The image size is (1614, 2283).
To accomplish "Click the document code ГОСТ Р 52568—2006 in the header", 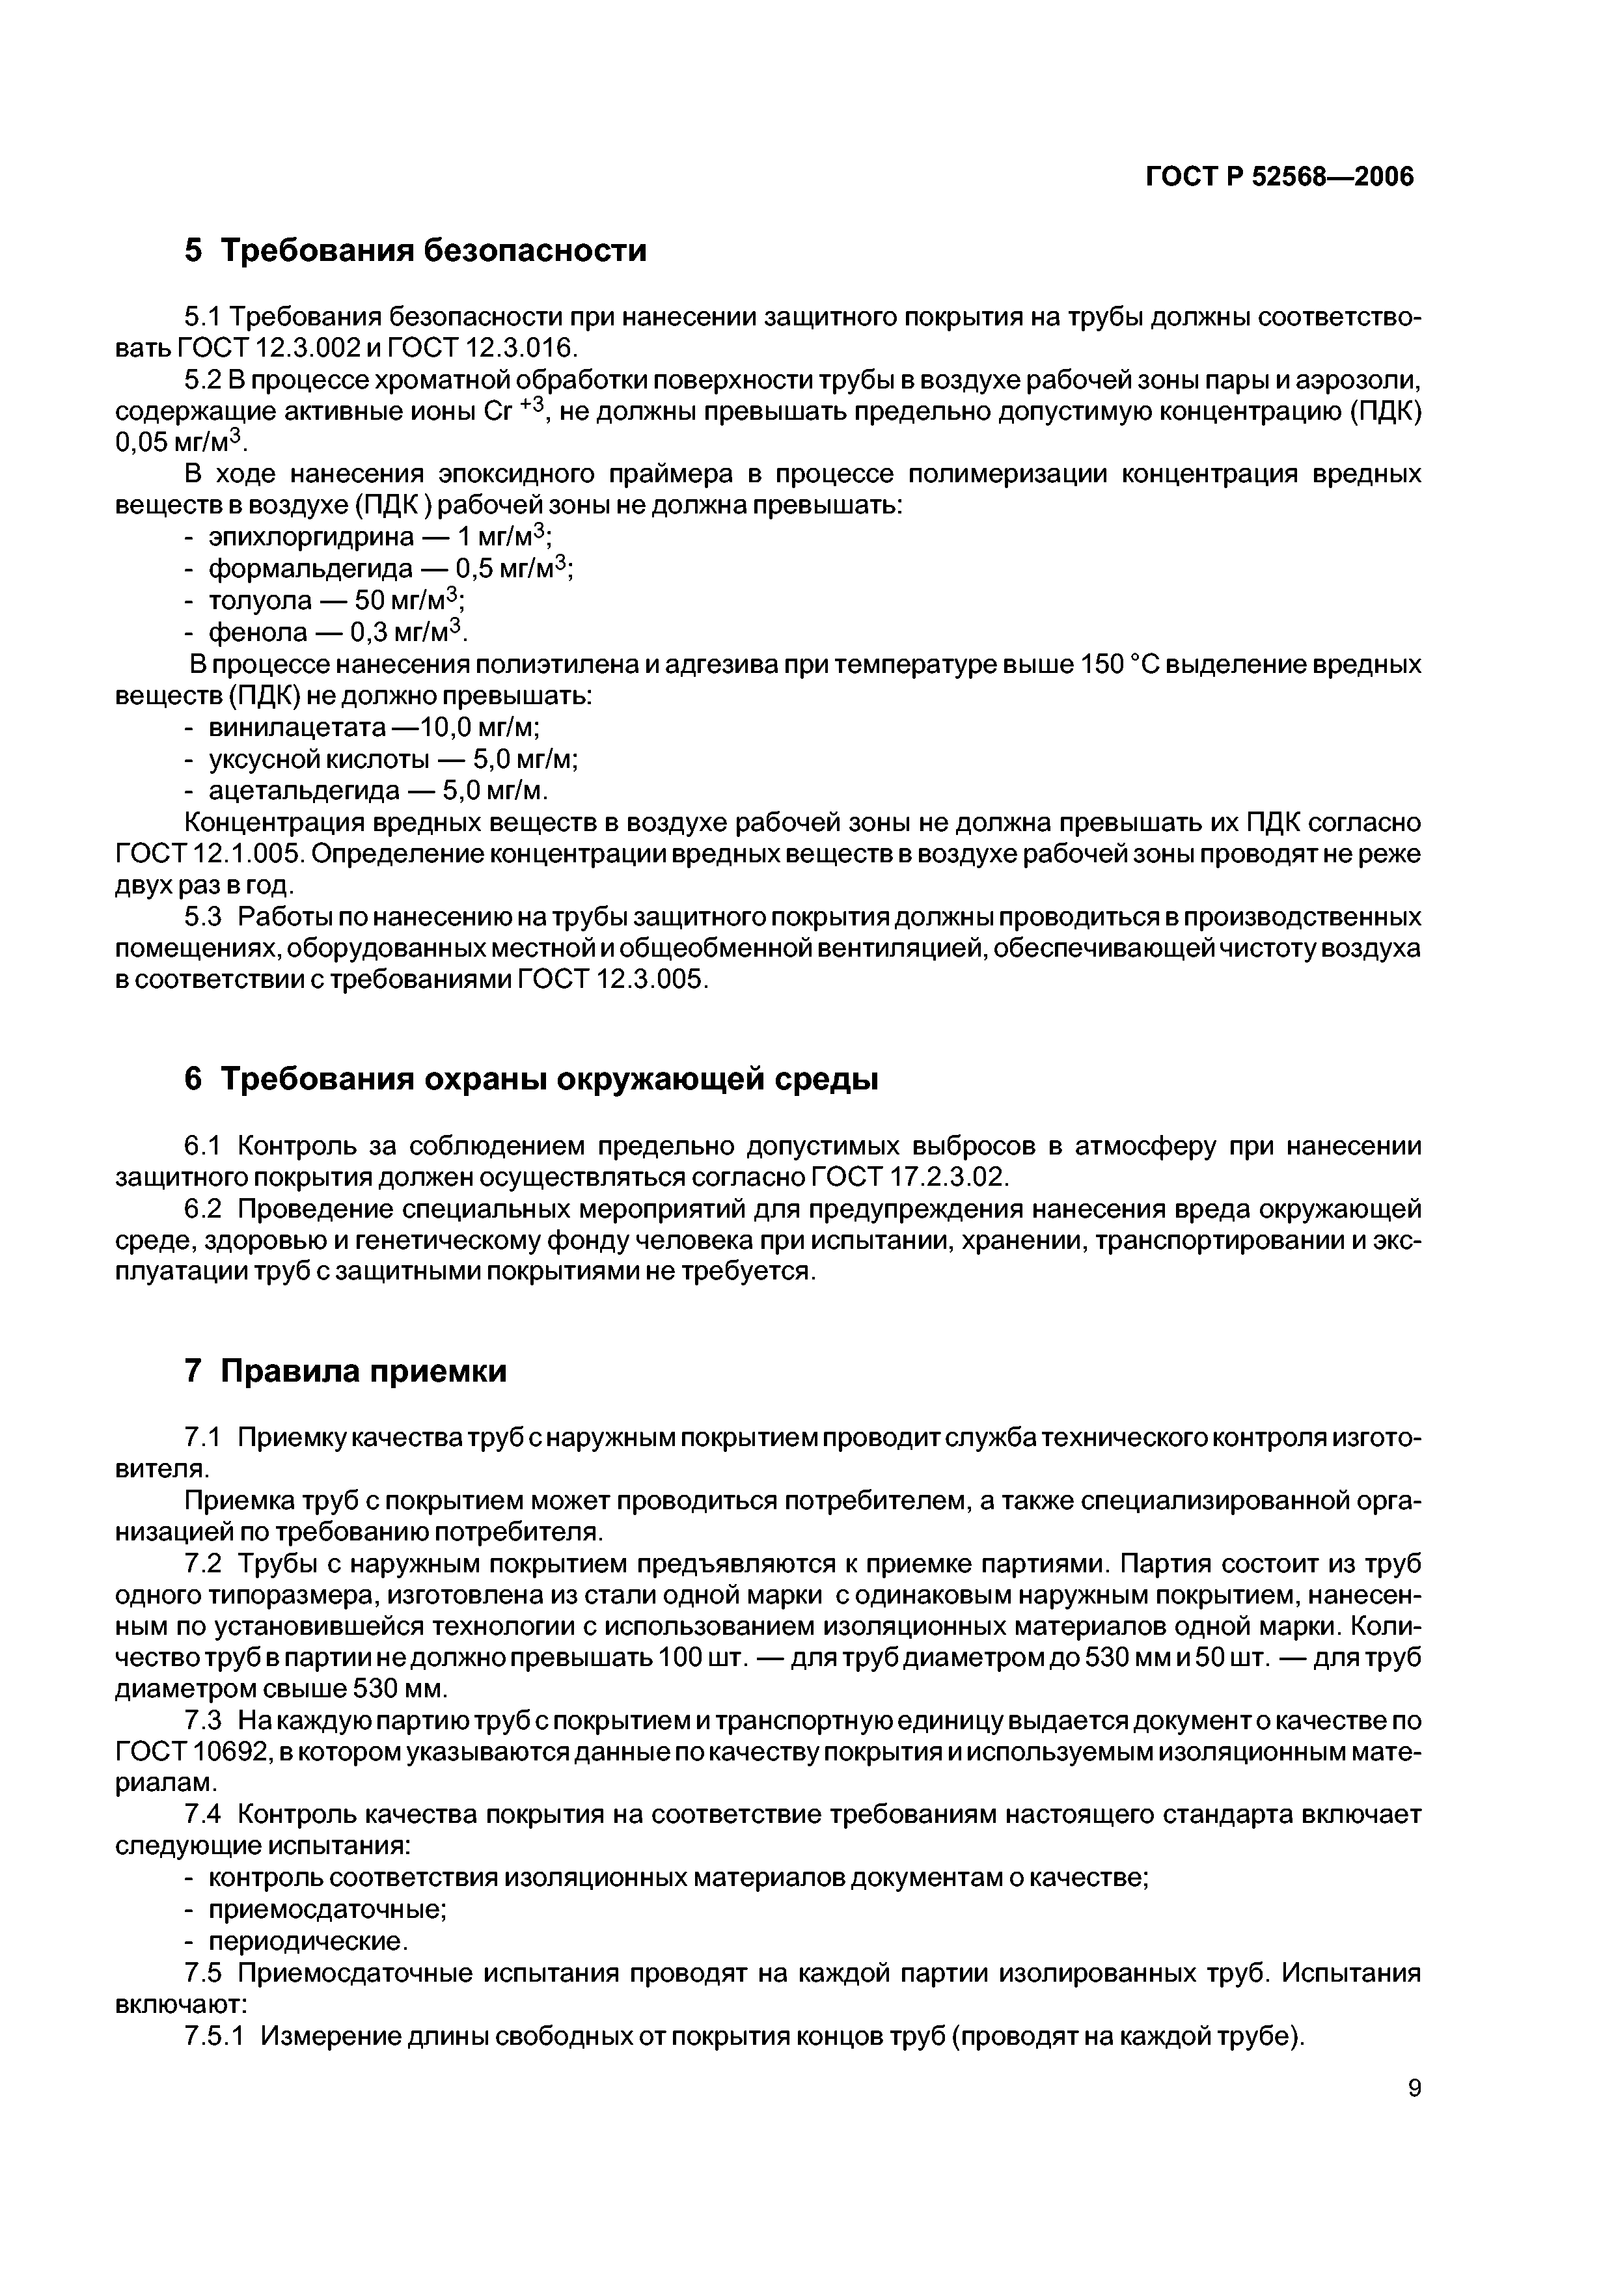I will point(1280,177).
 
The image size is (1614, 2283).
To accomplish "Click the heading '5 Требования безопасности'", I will point(416,249).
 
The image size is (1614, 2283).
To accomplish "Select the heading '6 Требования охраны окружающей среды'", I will point(531,1079).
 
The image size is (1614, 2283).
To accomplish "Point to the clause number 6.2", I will point(203,1209).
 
